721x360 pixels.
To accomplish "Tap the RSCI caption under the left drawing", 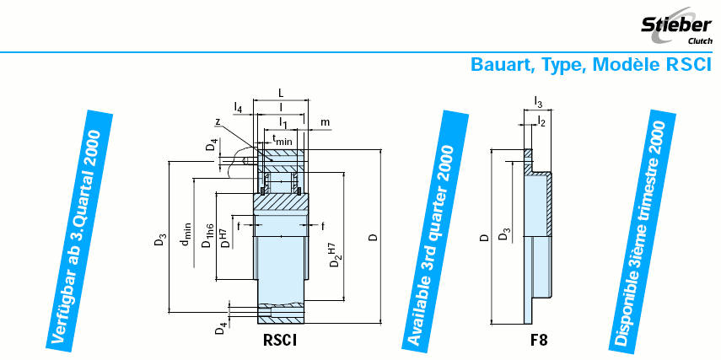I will [280, 341].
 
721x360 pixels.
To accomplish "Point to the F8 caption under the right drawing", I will [538, 341].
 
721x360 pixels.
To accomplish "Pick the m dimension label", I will [325, 123].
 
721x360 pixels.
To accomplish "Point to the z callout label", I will [217, 122].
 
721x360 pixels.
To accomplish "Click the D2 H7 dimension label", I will [336, 253].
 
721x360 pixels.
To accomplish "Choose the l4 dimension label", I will [239, 109].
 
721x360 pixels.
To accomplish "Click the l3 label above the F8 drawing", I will [538, 103].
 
